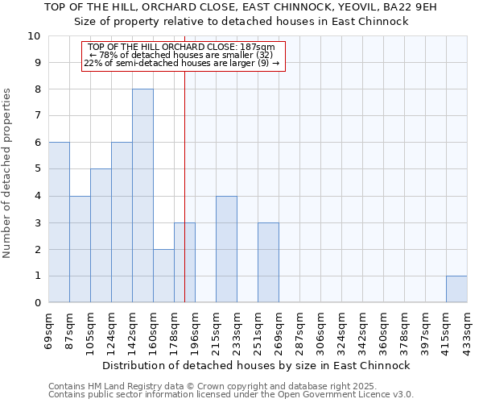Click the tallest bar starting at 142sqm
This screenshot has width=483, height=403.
[x=142, y=196]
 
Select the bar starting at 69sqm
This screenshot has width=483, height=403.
[x=59, y=222]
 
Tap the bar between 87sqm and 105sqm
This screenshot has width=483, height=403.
[x=80, y=249]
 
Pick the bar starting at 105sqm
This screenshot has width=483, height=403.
[x=101, y=235]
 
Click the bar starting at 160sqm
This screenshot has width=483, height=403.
[x=163, y=276]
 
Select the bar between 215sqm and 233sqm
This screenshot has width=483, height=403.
[x=226, y=249]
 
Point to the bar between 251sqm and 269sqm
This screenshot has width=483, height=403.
[x=268, y=263]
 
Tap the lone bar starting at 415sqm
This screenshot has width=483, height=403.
[x=456, y=289]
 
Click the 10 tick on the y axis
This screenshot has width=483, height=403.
[x=34, y=36]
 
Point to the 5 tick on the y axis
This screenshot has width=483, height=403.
[x=37, y=169]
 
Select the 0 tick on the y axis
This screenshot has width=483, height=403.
[x=37, y=303]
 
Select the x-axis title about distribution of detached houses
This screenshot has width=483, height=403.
[x=257, y=365]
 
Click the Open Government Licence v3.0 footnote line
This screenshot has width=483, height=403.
[x=231, y=395]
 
